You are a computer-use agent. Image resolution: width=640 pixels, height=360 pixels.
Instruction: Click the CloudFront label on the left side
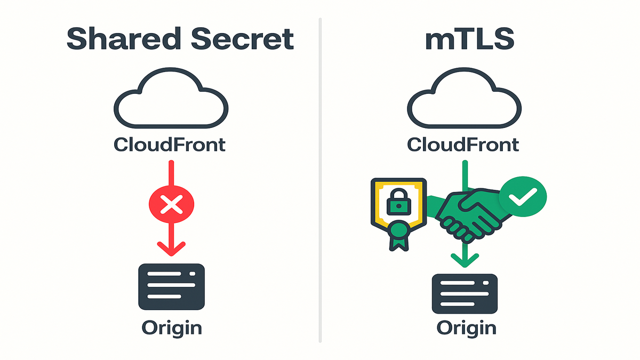pos(170,144)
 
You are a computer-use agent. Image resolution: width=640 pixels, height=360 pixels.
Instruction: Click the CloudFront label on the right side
pos(463,144)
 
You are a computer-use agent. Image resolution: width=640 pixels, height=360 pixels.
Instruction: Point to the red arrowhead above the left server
pos(172,248)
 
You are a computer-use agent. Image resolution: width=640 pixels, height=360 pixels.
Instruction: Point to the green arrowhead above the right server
pos(465,260)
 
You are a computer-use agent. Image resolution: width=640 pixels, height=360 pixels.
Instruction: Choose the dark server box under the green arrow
pos(465,293)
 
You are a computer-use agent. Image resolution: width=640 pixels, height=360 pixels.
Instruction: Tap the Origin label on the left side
pos(172,327)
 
